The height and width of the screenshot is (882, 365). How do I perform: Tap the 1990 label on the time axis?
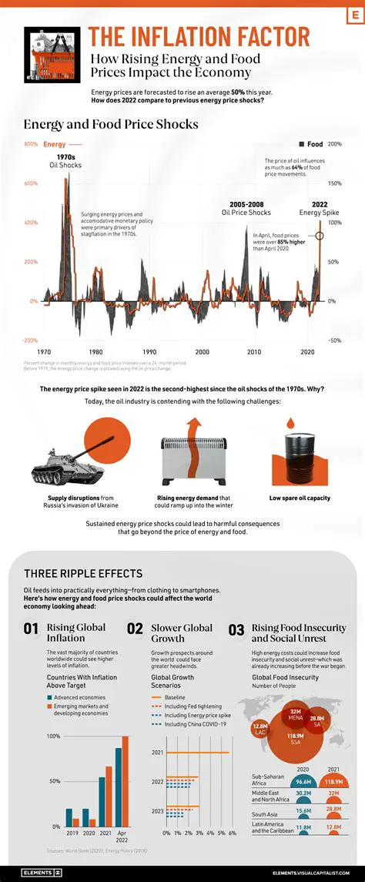(149, 351)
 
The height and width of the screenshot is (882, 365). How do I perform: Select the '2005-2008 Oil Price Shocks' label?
(246, 208)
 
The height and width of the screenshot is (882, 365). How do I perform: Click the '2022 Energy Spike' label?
(314, 208)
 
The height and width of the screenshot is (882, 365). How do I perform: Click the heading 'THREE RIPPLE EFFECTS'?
(82, 573)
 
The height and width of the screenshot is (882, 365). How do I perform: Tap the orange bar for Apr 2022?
(126, 782)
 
